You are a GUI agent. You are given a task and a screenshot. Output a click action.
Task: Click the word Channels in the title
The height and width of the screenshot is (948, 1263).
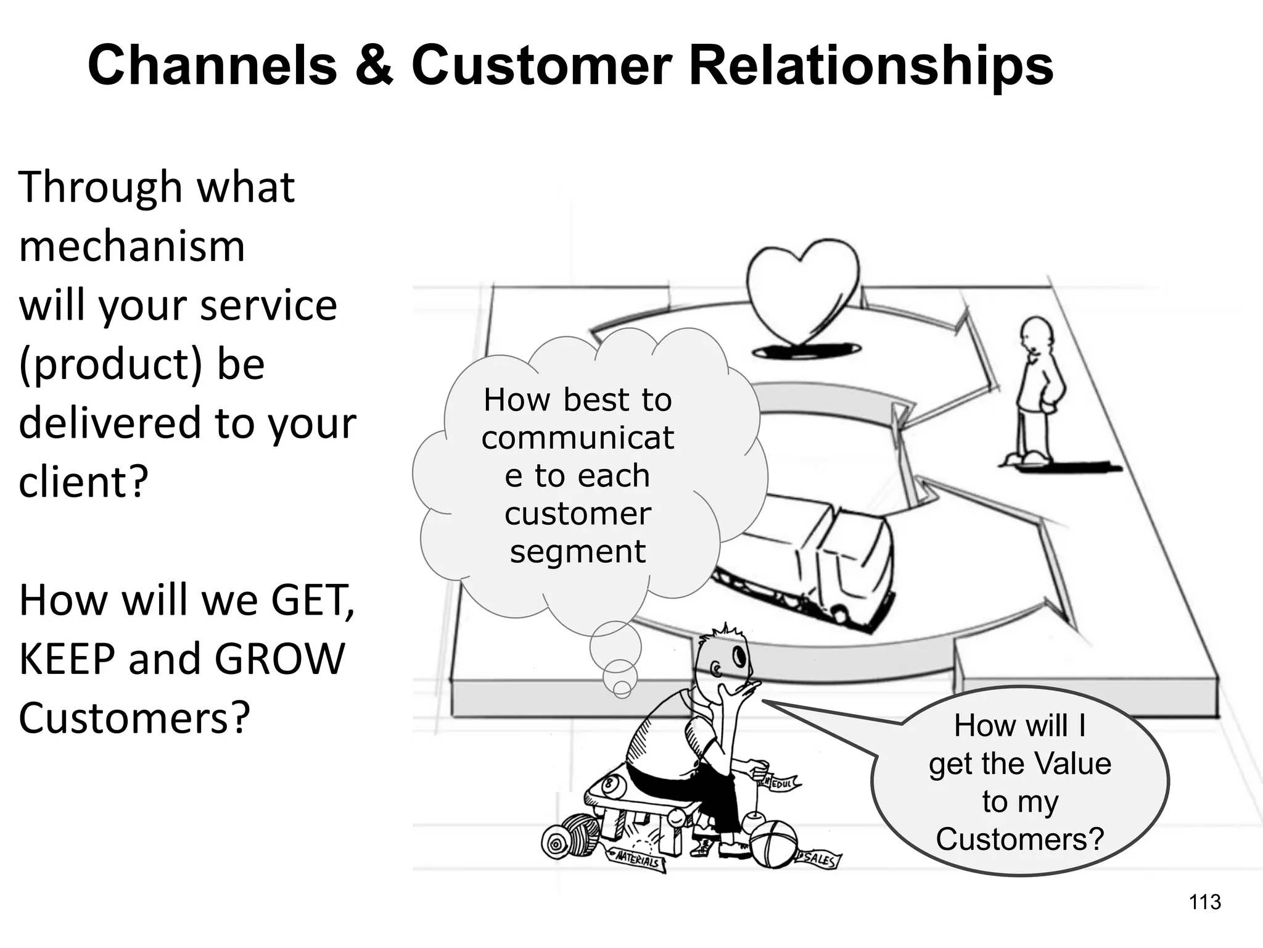(x=212, y=65)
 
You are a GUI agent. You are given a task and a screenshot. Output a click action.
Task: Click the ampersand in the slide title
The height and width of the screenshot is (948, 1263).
(x=374, y=65)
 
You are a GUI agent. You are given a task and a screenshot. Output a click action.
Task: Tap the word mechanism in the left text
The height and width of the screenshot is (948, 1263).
(x=132, y=246)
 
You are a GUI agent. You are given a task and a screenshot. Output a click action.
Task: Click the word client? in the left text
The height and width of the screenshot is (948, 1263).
(x=84, y=482)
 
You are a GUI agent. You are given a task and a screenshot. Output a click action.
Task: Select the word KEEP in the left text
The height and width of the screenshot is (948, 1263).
(x=66, y=659)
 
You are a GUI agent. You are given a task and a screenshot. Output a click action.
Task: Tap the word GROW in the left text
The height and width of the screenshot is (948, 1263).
(x=279, y=659)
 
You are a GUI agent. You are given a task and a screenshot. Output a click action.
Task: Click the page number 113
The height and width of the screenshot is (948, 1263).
(x=1204, y=902)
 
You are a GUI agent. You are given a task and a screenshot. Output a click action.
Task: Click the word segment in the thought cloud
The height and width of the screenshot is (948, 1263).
(x=578, y=551)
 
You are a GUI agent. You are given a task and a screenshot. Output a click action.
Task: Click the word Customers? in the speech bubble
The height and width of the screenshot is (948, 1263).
(x=1019, y=839)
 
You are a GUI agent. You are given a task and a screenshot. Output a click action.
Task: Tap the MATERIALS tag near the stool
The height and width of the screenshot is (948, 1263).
(x=638, y=860)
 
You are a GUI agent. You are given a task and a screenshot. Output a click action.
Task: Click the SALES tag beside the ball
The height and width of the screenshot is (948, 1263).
(x=818, y=859)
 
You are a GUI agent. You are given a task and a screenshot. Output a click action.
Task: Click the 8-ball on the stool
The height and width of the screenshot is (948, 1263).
(x=610, y=785)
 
